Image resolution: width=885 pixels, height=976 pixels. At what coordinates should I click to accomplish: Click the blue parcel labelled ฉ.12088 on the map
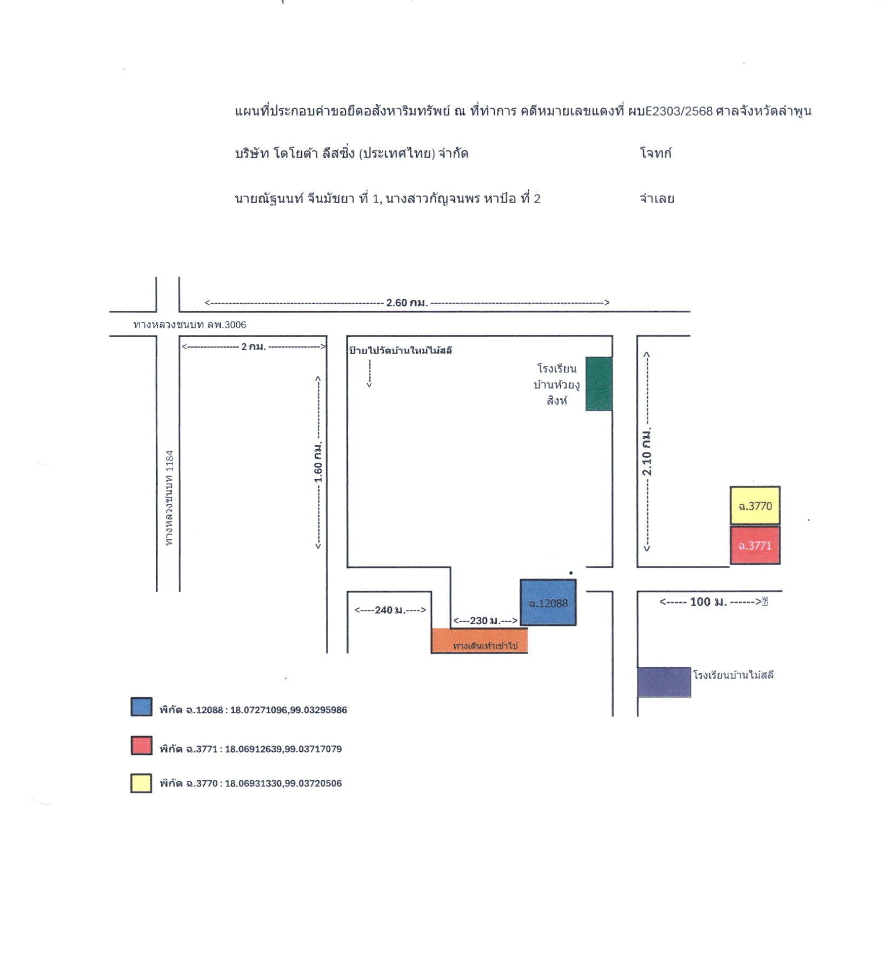548,603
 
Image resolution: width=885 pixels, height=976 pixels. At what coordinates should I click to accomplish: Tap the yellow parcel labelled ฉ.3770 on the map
755,506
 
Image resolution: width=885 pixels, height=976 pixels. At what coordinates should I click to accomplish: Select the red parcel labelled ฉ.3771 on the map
755,545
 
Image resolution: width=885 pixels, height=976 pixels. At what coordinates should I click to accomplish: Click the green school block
599,384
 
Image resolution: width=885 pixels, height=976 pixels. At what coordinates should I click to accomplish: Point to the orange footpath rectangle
480,641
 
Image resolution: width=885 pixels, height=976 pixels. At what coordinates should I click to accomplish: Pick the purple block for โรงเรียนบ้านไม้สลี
664,682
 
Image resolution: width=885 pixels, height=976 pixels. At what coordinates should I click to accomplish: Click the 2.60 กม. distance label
407,303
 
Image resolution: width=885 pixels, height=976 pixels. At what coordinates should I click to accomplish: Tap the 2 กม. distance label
254,346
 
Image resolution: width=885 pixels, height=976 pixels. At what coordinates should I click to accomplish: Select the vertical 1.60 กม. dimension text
318,462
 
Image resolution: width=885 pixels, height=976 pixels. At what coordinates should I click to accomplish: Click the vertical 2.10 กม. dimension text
647,452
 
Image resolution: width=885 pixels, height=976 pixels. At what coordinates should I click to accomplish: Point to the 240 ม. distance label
390,610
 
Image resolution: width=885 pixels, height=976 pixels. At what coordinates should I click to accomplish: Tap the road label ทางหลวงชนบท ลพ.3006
190,325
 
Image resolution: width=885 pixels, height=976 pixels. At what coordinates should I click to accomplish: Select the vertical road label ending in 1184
169,498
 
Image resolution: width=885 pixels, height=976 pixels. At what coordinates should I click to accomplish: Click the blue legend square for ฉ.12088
141,707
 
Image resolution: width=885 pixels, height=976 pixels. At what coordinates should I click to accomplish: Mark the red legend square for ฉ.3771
141,745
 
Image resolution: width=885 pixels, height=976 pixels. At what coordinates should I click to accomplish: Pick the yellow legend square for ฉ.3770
141,783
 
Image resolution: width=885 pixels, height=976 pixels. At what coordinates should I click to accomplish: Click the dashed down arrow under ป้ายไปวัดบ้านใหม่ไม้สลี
369,373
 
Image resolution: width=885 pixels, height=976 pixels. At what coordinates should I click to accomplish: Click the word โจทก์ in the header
656,153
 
